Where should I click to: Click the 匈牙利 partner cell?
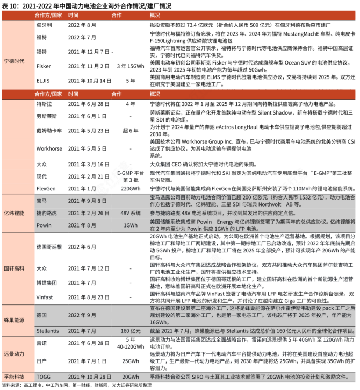[44, 25]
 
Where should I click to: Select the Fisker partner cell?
[44, 66]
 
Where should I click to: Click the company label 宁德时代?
[14, 61]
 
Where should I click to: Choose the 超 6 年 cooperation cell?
[130, 131]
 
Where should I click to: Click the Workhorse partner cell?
[49, 148]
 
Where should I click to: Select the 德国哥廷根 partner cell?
[48, 246]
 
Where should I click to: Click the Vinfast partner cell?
[45, 296]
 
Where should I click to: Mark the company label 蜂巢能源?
[14, 320]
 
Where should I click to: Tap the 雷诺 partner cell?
[41, 343]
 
